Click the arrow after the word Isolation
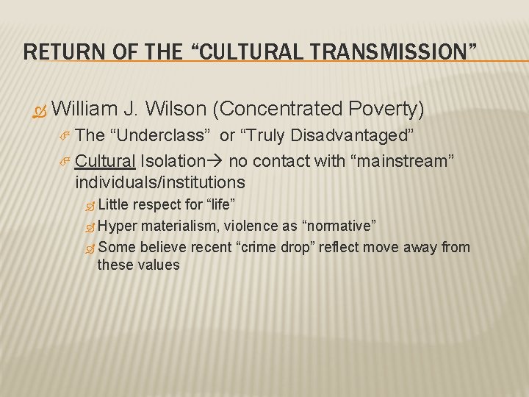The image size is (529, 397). [x=217, y=161]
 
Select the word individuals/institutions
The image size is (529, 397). [x=159, y=182]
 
